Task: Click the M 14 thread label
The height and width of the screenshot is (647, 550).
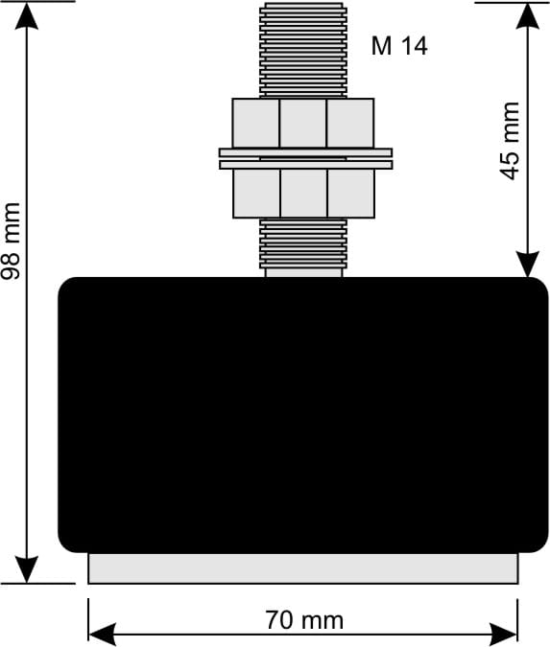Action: point(399,46)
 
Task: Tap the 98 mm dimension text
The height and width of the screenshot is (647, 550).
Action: point(11,242)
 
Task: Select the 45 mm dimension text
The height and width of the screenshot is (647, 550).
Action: point(510,141)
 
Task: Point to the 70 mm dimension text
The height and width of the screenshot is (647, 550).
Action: point(304,620)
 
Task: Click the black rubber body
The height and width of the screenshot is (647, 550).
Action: point(303,415)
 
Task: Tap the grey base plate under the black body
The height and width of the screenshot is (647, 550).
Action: point(303,568)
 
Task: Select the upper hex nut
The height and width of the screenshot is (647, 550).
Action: point(303,123)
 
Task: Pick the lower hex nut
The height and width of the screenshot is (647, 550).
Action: point(303,194)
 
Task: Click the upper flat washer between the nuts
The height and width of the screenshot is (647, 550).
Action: point(305,152)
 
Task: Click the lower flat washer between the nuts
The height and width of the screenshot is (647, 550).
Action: point(305,165)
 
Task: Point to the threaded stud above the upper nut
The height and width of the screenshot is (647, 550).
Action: point(303,51)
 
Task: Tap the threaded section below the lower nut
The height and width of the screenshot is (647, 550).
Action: point(303,243)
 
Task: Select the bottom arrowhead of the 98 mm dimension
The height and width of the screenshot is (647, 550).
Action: point(27,569)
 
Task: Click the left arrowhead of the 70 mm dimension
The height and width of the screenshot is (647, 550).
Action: point(102,635)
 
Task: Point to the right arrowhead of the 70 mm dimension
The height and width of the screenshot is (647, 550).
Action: point(504,635)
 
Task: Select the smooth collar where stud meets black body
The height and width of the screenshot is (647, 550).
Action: point(303,273)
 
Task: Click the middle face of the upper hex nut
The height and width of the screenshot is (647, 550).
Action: point(303,123)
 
